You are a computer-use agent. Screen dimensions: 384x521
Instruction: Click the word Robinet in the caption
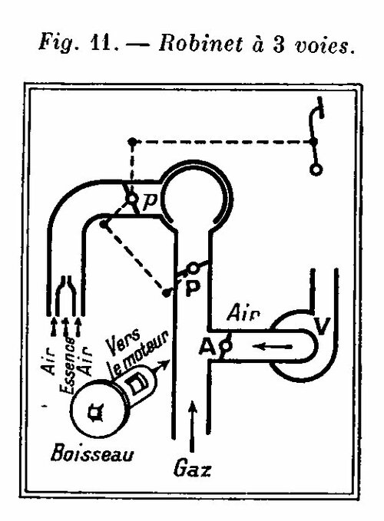200,42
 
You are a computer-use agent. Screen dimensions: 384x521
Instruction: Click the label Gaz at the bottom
192,470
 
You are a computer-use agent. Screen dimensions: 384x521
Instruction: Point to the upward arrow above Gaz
192,426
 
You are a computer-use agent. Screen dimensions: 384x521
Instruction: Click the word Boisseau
92,453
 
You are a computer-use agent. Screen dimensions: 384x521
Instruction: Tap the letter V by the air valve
322,326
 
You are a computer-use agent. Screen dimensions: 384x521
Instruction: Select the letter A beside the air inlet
207,348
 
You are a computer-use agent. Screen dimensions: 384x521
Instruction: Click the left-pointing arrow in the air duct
273,347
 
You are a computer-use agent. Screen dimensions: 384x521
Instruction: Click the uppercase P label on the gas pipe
193,288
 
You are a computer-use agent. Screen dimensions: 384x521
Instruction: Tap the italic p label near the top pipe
150,201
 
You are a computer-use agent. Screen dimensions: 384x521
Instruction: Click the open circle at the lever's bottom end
316,170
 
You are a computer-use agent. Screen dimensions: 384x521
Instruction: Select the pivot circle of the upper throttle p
131,199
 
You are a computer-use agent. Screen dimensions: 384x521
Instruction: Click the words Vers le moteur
136,352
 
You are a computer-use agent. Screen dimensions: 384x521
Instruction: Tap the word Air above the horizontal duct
243,313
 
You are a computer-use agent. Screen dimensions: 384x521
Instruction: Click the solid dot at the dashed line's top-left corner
132,141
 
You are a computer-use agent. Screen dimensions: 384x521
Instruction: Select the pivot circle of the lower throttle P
193,268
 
